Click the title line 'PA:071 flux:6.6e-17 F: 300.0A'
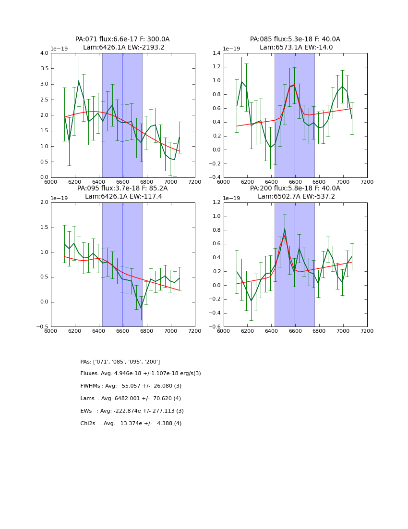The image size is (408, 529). point(122,39)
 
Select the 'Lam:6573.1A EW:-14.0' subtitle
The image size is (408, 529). point(296,48)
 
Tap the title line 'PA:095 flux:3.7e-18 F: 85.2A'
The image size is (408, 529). point(122,189)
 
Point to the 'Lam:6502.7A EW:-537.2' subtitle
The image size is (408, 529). point(296,197)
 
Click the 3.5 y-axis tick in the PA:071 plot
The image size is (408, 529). point(43,69)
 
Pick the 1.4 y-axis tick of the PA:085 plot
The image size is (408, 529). point(216,53)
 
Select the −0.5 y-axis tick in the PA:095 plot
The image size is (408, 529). point(42,327)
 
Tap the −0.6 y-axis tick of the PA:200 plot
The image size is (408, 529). point(215,327)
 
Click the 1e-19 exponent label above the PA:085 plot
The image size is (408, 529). point(231,49)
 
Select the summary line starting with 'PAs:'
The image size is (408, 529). point(120,362)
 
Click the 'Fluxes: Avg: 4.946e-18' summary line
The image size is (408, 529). point(141,374)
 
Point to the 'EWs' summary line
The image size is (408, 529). point(132,411)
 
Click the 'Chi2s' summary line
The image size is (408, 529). point(131,424)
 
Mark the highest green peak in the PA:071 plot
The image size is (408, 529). point(79,81)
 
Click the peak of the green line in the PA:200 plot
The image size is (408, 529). point(285,229)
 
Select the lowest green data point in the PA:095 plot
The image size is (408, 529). point(141,309)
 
